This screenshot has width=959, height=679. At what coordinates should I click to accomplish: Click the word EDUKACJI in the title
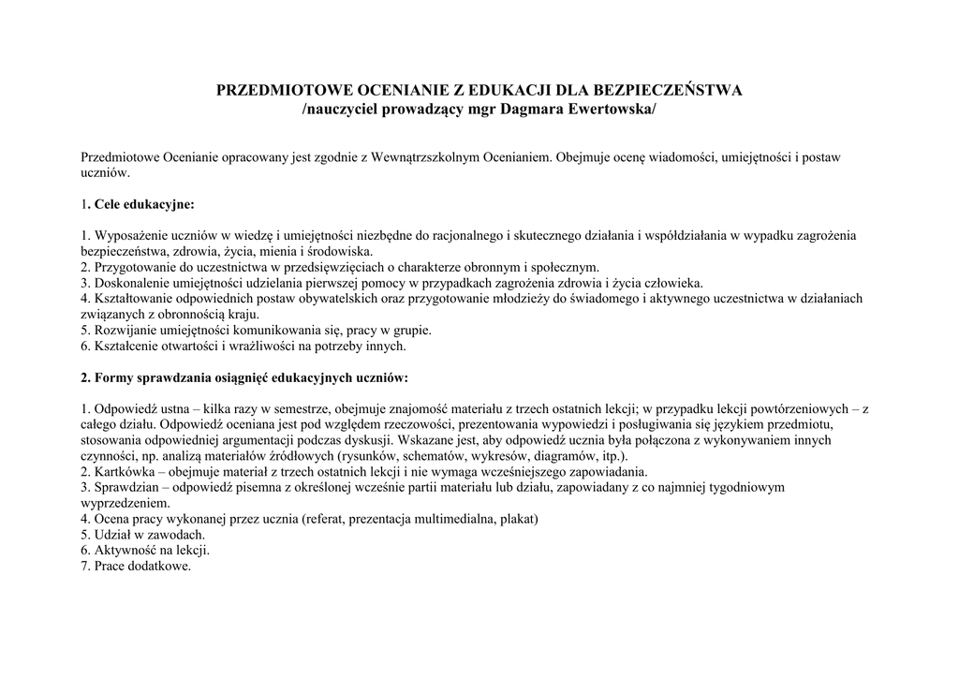point(502,91)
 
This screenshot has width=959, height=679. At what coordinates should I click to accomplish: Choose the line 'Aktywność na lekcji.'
point(145,550)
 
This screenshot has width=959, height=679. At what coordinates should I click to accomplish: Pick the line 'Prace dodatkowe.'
point(136,566)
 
